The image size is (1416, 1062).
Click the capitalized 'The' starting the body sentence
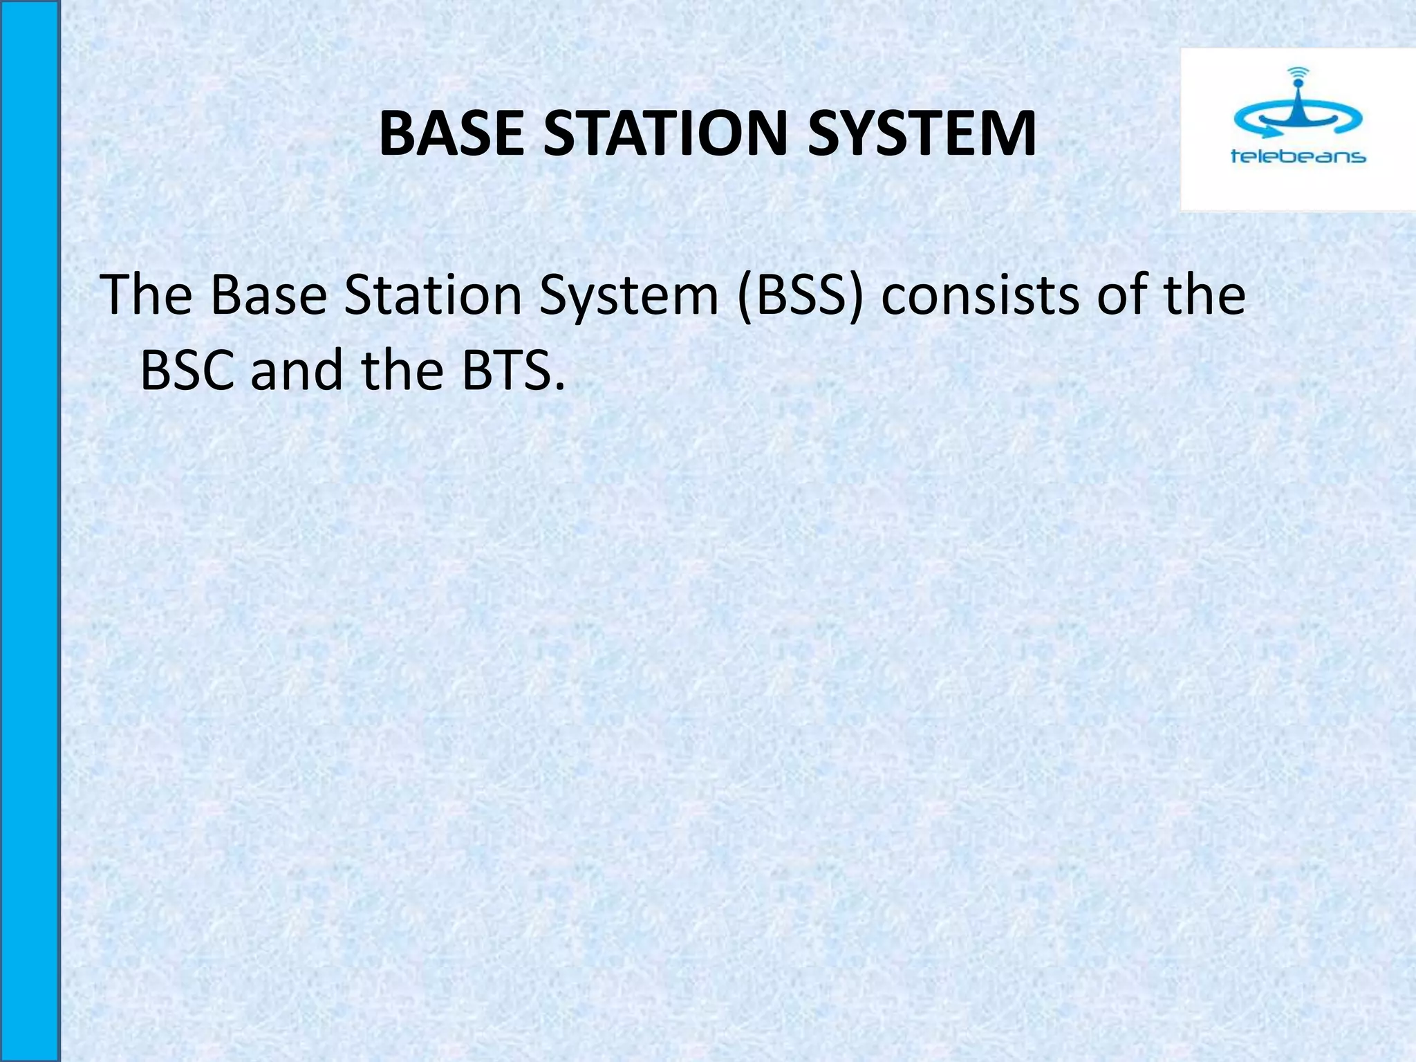[146, 295]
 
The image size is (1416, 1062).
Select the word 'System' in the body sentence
[628, 295]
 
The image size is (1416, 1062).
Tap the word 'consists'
[981, 295]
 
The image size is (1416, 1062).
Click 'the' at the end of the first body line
[1204, 295]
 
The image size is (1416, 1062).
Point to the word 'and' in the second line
[297, 371]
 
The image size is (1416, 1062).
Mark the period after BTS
[559, 386]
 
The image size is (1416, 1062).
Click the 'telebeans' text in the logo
[1298, 157]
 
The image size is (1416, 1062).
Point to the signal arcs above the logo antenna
[1298, 72]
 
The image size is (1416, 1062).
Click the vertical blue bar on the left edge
[29, 531]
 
